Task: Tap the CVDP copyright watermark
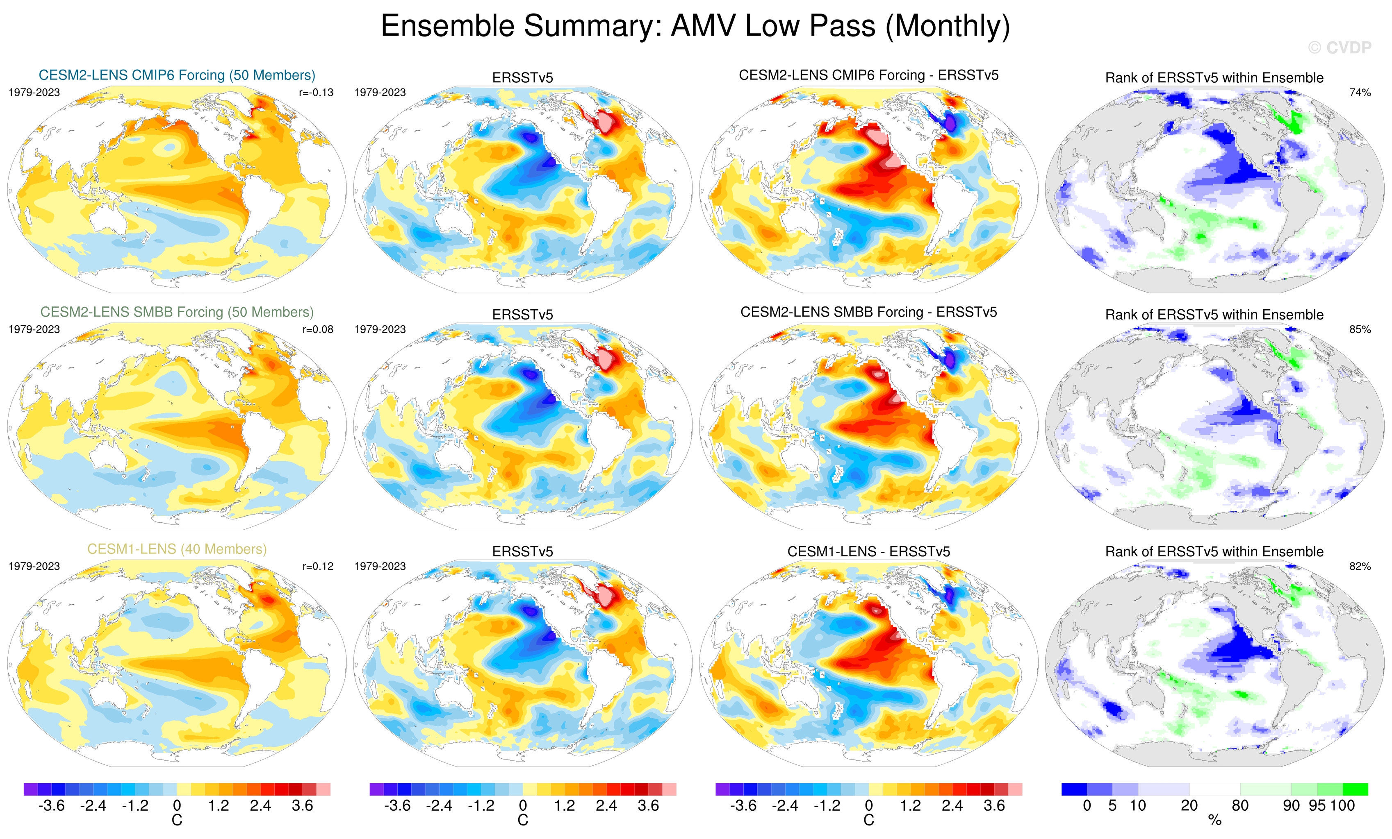(x=1340, y=48)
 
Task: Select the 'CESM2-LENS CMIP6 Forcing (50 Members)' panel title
(x=177, y=75)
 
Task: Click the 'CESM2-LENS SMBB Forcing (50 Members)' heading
(x=177, y=312)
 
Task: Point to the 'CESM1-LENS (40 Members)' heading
(x=177, y=549)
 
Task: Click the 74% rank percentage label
(x=1360, y=93)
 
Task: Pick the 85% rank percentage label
(x=1360, y=329)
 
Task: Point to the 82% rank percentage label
(x=1360, y=566)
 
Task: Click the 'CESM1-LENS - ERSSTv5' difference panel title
(x=868, y=551)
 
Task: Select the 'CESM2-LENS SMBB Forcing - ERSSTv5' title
(x=868, y=312)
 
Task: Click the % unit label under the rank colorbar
(x=1214, y=821)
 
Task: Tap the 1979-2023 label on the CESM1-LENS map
(x=34, y=566)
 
